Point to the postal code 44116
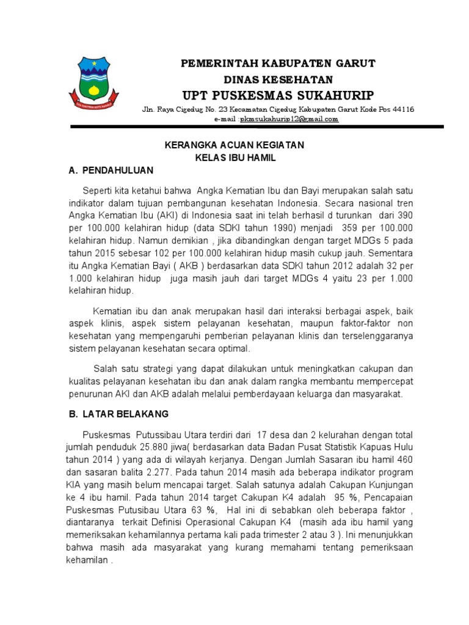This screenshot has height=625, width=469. point(402,110)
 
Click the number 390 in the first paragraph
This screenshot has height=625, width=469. point(404,215)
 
